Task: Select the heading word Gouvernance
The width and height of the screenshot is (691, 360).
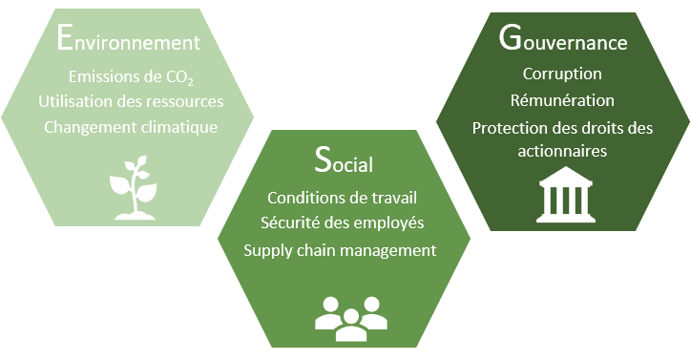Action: point(563,41)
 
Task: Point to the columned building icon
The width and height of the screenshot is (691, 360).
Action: point(563,197)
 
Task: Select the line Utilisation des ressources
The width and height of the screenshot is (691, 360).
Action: point(131,101)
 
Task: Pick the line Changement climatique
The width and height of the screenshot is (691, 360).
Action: point(129,126)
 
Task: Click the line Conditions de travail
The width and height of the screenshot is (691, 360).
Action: point(343,200)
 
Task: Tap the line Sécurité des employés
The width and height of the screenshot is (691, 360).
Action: point(343,223)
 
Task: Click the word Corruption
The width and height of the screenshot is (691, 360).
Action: point(562,74)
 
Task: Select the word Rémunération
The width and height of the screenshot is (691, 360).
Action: point(563,100)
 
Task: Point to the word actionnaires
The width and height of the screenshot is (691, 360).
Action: point(563,151)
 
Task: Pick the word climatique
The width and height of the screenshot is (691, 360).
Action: point(178,126)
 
